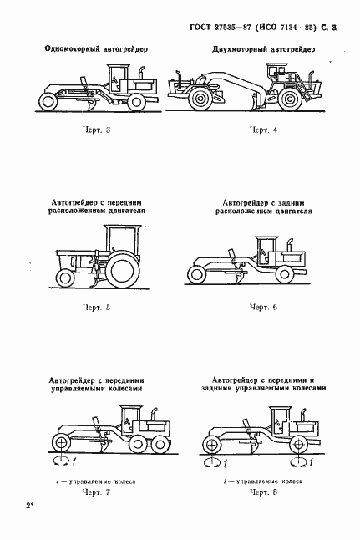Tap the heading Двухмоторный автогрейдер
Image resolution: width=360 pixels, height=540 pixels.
pos(263,50)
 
